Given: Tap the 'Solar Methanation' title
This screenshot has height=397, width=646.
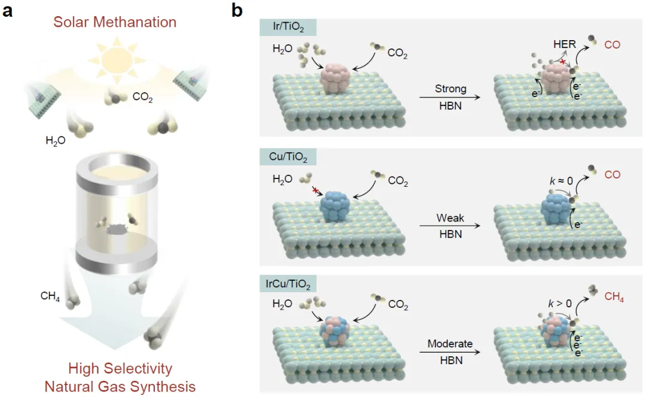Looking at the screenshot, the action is (x=115, y=23).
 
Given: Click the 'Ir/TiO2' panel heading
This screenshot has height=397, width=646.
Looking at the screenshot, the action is (x=288, y=28).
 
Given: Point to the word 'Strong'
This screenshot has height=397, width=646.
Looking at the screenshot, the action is (x=450, y=89).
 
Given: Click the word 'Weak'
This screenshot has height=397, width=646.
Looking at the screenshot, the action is (x=450, y=219).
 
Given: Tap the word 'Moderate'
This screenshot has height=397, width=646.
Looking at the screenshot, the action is (x=450, y=344).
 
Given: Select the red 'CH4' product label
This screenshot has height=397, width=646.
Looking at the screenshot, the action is (x=614, y=297).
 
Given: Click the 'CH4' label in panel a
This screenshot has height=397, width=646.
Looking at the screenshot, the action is (x=50, y=295).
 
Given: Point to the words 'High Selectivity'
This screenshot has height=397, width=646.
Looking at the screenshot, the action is (x=120, y=368).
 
